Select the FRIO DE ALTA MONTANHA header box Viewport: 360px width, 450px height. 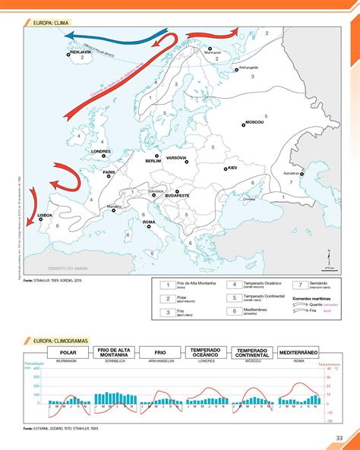(x=114, y=354)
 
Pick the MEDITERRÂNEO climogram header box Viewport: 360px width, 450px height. (x=298, y=354)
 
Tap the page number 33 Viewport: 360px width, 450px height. (x=339, y=436)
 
